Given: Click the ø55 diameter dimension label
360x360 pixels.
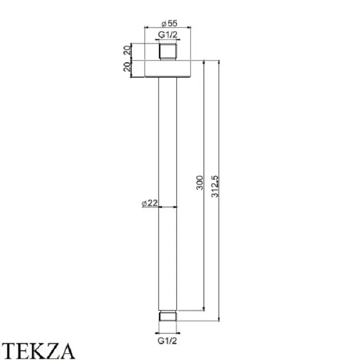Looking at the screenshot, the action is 169,23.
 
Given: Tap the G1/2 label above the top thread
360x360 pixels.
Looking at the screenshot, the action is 168,35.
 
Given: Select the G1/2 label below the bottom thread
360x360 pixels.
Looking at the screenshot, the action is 167,341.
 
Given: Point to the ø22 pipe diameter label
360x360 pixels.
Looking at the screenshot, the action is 150,203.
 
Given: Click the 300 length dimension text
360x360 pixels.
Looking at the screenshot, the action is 200,183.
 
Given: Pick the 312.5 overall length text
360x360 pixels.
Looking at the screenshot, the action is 215,186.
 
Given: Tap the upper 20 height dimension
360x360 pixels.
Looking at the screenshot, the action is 127,50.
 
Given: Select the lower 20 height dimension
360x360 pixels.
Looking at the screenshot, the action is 127,67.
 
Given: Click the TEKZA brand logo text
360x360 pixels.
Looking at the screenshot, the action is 39,351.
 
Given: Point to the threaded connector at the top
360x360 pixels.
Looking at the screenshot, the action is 168,52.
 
